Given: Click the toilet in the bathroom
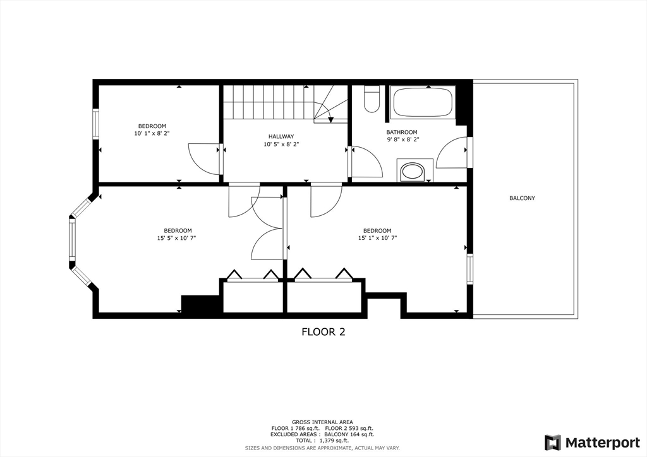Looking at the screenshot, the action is (x=372, y=99).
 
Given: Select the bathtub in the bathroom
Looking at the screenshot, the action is (x=421, y=102).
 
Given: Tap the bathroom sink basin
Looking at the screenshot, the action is (x=414, y=172).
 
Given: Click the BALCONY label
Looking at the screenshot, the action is (x=522, y=198).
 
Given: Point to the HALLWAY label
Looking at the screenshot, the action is (x=281, y=136).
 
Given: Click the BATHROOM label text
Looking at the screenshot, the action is (x=401, y=133).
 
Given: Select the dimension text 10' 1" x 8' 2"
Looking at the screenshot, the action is (x=152, y=134).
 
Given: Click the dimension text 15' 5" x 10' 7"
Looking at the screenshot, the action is (x=177, y=238).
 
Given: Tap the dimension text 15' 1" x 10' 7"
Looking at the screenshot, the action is (x=377, y=238).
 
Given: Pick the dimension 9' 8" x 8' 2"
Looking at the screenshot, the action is (x=402, y=139).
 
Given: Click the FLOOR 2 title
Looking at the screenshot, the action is (x=323, y=332).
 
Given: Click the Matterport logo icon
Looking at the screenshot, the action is (x=553, y=442).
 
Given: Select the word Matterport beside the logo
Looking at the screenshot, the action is (x=602, y=443).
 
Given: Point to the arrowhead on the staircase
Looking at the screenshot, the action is (x=330, y=119).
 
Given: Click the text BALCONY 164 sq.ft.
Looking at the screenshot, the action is (x=349, y=434).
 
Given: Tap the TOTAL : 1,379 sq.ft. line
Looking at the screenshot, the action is (x=322, y=441).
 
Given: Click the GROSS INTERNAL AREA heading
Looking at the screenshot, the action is (x=322, y=422).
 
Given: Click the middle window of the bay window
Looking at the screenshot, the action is (x=72, y=240).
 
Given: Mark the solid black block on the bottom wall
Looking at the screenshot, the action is (x=200, y=304).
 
